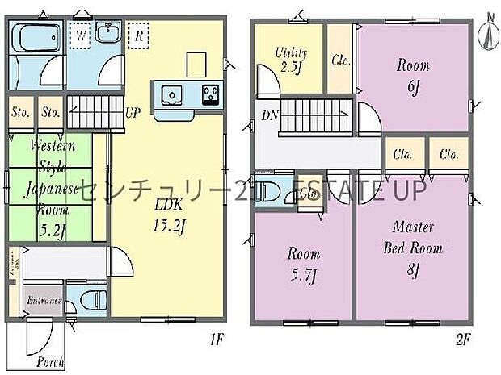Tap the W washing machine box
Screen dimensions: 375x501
(81, 36)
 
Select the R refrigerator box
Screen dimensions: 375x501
(139, 36)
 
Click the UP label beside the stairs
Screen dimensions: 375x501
(130, 112)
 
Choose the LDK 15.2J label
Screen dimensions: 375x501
(171, 213)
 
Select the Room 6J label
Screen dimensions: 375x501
(412, 75)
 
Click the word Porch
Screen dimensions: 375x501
(49, 362)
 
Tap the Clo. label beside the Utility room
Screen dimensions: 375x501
(340, 59)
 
